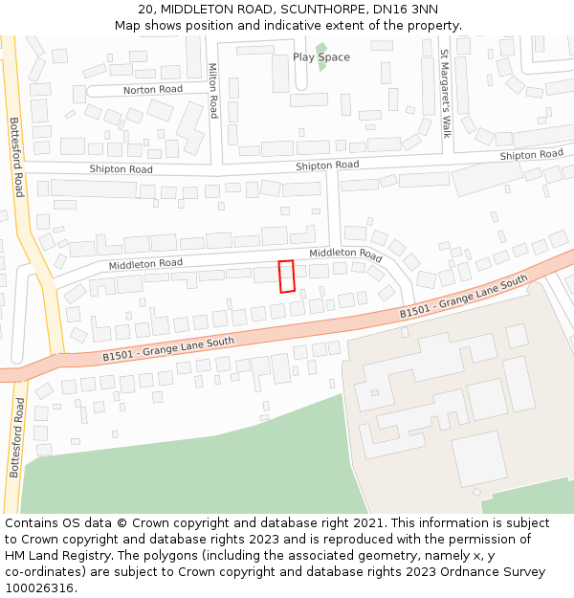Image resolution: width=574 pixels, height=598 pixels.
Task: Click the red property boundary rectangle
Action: point(285,277)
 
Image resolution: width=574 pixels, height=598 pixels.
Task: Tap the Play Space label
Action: point(321,57)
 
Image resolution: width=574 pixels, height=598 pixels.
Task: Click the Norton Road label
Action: point(152,90)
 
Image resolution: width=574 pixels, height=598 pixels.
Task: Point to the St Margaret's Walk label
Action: point(444,94)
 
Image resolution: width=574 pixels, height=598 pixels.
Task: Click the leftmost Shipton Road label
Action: point(121,169)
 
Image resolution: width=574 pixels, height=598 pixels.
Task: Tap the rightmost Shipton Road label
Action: point(531,155)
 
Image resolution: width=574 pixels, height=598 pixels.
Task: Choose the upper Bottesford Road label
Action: point(15,157)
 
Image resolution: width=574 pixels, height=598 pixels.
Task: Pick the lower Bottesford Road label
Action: point(15,437)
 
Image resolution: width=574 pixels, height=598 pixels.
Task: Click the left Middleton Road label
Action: point(145,263)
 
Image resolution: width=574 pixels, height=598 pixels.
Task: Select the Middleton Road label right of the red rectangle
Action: point(345,254)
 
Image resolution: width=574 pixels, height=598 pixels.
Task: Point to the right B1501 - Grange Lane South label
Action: point(463,297)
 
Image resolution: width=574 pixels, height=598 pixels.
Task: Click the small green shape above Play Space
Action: point(321,46)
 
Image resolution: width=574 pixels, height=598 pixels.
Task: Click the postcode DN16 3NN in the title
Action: point(409,10)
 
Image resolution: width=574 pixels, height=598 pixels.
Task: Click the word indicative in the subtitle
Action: point(297,25)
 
